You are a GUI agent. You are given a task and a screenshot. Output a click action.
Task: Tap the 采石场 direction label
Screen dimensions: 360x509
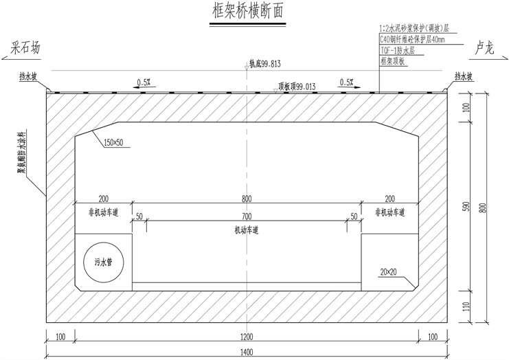(x=26, y=49)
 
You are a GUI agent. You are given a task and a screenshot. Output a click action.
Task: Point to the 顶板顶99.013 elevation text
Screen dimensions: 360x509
(x=297, y=87)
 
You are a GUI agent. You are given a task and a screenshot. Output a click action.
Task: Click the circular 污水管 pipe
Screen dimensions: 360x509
(x=103, y=261)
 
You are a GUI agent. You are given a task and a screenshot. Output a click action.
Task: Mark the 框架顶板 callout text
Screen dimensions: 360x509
(x=394, y=61)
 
